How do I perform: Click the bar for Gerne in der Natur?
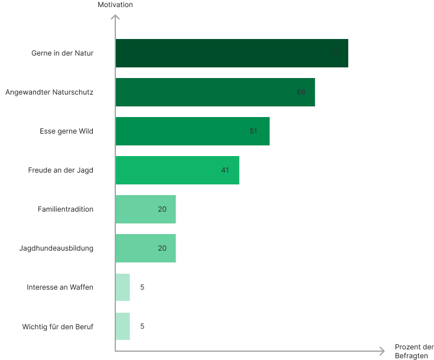[x=232, y=53]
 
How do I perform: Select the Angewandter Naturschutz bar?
[x=215, y=92]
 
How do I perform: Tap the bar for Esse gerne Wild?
[x=193, y=131]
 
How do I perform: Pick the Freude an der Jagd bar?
[x=177, y=170]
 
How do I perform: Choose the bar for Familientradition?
[x=145, y=209]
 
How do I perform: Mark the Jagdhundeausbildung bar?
[x=145, y=248]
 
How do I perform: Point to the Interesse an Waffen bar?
[x=123, y=287]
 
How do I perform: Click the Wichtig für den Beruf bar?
[x=123, y=326]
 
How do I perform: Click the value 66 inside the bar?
[x=301, y=92]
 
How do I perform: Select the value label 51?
[x=253, y=131]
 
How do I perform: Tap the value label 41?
[x=225, y=170]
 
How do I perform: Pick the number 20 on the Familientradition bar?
[x=162, y=209]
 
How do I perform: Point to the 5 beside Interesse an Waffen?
[x=142, y=287]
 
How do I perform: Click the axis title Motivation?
[x=115, y=5]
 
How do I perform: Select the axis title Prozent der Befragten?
[x=414, y=351]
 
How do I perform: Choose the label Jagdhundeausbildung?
[x=57, y=248]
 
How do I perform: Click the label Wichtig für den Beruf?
[x=58, y=326]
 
